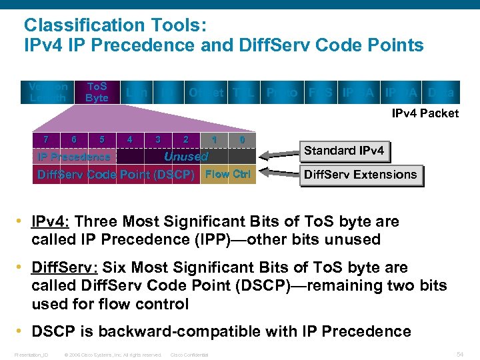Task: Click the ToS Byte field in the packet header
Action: [97, 92]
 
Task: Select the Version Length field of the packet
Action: [48, 92]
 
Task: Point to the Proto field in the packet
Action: [282, 93]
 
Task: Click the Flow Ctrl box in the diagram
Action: [227, 175]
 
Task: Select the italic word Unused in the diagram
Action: [186, 157]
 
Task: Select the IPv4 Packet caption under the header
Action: [425, 113]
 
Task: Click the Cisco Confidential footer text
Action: [190, 355]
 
